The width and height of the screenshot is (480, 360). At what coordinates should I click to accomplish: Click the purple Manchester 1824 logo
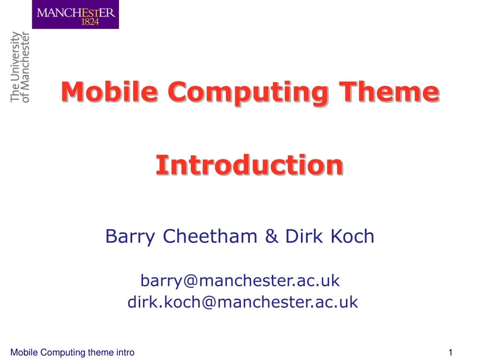(x=75, y=15)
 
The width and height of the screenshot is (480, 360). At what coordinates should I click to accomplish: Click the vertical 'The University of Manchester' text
(x=20, y=67)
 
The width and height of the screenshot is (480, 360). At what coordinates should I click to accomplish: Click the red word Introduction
(x=249, y=165)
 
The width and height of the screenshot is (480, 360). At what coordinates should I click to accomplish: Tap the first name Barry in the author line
(x=130, y=237)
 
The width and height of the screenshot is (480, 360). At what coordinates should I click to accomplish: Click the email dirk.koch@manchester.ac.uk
(x=242, y=302)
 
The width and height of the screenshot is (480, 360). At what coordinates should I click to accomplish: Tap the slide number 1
(x=450, y=352)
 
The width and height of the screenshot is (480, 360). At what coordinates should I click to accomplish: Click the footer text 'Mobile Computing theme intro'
(x=72, y=352)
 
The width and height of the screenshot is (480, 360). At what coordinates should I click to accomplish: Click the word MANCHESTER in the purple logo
(x=75, y=12)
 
